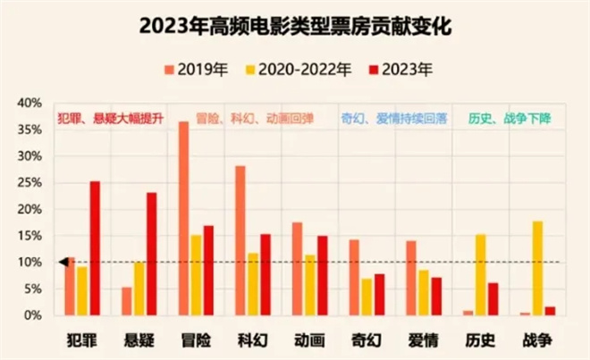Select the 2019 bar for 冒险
pos(183,218)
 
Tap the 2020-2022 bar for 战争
pos(537,268)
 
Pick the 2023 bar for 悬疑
pos(151,254)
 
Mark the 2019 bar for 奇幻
pos(354,277)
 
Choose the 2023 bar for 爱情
pos(435,296)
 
